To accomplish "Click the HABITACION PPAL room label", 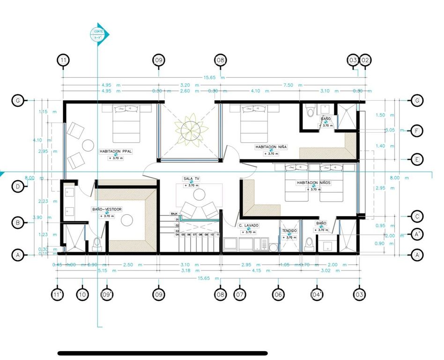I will tap(115, 151).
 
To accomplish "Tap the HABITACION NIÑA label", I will tap(271, 147).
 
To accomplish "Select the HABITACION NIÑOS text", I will tap(314, 183).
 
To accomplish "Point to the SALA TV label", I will tap(191, 179).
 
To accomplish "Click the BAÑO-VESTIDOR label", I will tap(107, 209).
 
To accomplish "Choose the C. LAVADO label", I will tap(248, 225).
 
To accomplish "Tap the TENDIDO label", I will tap(289, 231).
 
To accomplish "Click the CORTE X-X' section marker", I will tap(99, 34).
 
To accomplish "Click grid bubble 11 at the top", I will tap(63, 60).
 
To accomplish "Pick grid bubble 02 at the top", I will tap(365, 60).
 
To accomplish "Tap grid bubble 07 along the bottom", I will tap(240, 294).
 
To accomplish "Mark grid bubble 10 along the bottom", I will tap(83, 294).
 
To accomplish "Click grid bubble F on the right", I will tap(416, 130).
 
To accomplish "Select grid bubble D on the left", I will tap(17, 187).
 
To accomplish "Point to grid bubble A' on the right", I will tap(416, 233).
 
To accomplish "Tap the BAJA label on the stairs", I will tap(174, 213).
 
